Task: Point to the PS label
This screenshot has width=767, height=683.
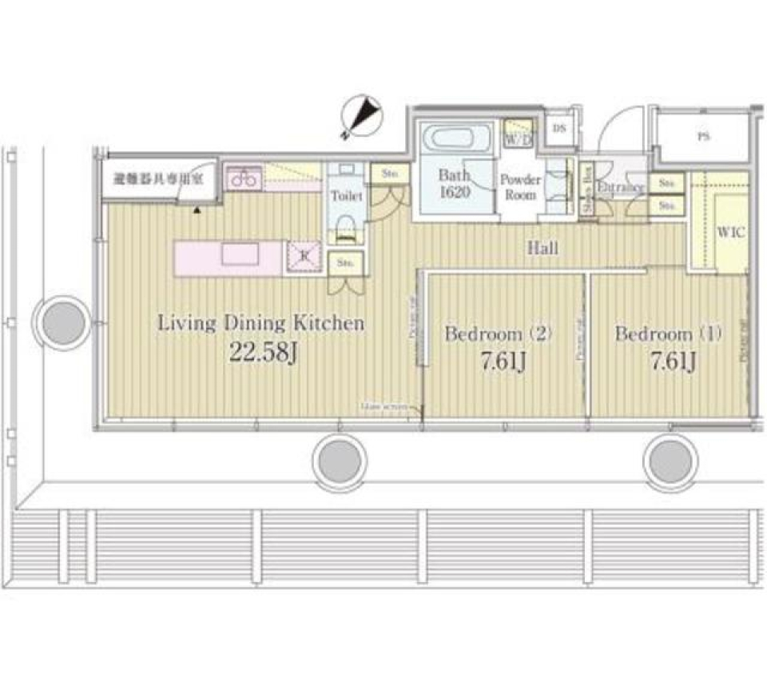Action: [x=702, y=137]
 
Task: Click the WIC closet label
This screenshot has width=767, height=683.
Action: [x=731, y=232]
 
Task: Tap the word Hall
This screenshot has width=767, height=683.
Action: [x=542, y=248]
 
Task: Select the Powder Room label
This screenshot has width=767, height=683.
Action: [x=520, y=187]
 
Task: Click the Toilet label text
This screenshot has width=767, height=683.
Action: [x=346, y=195]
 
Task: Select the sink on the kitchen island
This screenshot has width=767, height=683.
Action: [x=240, y=254]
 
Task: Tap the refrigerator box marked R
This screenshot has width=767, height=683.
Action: [x=303, y=256]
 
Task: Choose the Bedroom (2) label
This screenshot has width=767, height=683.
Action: [x=499, y=334]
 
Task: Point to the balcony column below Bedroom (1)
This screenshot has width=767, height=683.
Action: [x=670, y=461]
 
